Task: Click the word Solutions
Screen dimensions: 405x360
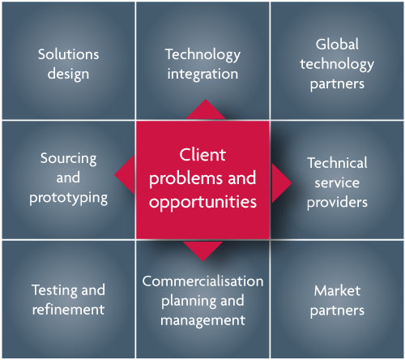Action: (x=68, y=54)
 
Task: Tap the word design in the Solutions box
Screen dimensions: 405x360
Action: (x=68, y=74)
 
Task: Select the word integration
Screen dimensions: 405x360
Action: (x=202, y=74)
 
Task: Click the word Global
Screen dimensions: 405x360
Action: (x=337, y=45)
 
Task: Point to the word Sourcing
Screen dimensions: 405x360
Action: (x=68, y=159)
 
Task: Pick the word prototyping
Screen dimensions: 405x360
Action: (x=68, y=199)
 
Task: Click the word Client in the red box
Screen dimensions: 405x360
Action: (x=202, y=155)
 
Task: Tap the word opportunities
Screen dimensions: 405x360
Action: (x=202, y=202)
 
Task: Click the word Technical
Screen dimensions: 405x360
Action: (x=337, y=163)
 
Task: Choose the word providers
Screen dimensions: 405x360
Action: (x=337, y=203)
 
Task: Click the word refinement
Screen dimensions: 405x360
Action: (x=68, y=310)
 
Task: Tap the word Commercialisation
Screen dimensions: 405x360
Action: (x=202, y=281)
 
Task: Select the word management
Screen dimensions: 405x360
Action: (x=202, y=321)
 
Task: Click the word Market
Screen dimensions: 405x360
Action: (x=337, y=291)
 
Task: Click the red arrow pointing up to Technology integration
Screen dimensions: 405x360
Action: (x=206, y=109)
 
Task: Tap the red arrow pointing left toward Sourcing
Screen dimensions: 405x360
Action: (x=125, y=174)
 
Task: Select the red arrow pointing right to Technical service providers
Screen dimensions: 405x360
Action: (x=282, y=183)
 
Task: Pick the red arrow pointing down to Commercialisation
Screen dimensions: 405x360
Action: (x=202, y=251)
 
